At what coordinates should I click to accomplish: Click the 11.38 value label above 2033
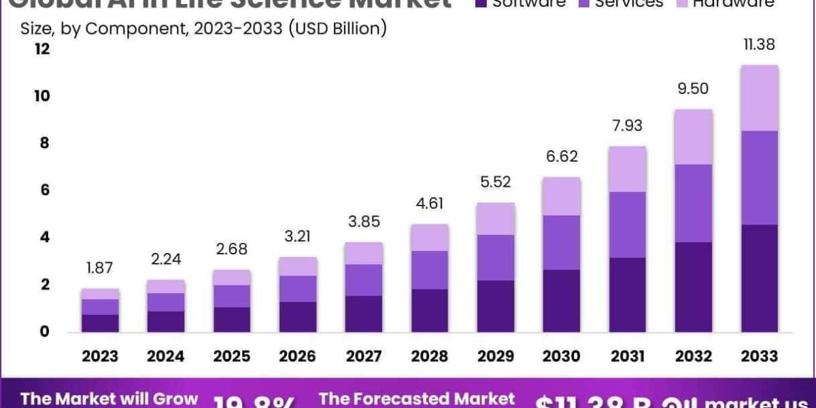(x=760, y=45)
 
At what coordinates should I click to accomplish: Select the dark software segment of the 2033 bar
(x=760, y=278)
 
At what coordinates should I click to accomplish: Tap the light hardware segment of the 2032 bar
(x=694, y=137)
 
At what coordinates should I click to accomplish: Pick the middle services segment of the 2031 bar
(x=628, y=224)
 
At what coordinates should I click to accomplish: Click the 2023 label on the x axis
(x=100, y=356)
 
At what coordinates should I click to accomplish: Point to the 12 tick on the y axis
(x=42, y=49)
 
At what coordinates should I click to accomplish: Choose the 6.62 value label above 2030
(x=562, y=156)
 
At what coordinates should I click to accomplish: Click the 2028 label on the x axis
(x=430, y=356)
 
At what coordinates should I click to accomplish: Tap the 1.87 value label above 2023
(x=100, y=268)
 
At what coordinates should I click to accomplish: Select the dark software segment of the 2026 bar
(x=298, y=317)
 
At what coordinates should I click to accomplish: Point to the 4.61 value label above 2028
(x=430, y=203)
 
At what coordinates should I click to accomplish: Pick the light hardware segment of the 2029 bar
(x=496, y=218)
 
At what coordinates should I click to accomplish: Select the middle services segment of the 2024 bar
(x=166, y=302)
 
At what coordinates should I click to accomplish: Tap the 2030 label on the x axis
(x=562, y=356)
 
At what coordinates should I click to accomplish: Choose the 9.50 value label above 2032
(x=694, y=88)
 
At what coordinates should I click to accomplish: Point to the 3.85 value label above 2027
(x=364, y=222)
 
